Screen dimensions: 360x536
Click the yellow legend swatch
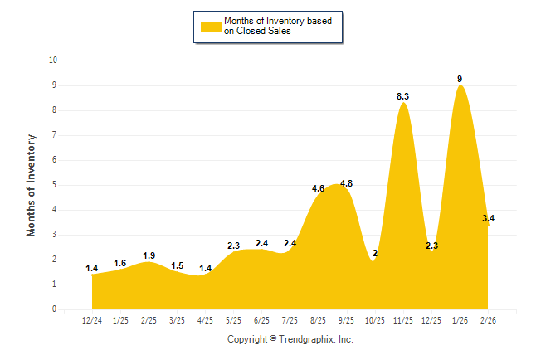click(211, 26)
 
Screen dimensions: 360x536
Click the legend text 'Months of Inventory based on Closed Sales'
click(272, 26)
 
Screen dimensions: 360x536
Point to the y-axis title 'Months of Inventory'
click(32, 185)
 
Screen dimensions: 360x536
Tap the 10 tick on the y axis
click(53, 61)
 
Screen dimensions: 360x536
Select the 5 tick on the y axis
click(55, 185)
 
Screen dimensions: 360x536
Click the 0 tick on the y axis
click(55, 309)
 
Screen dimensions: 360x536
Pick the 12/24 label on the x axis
click(92, 320)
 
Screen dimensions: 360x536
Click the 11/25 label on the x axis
click(402, 320)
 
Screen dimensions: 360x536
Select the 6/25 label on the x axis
click(261, 320)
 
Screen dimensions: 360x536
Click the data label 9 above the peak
click(460, 79)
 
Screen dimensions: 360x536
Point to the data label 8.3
click(402, 96)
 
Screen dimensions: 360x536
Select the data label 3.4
click(489, 218)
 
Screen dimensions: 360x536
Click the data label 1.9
click(149, 255)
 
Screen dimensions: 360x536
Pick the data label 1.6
click(120, 263)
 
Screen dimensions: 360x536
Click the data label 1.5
click(177, 265)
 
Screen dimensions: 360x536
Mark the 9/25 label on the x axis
click(346, 320)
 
